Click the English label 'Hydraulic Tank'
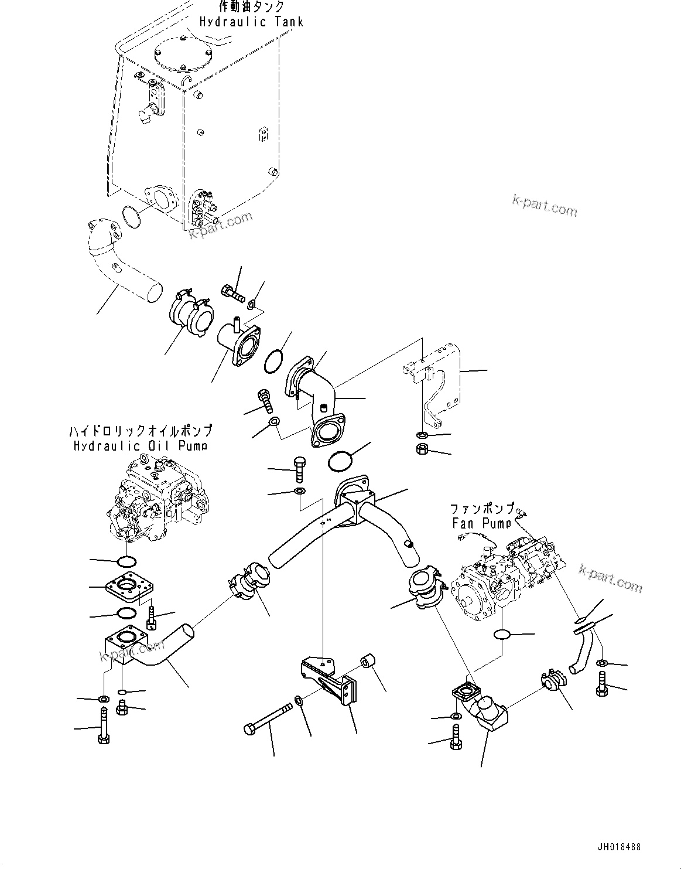coord(251,22)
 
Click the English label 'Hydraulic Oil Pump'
coord(140,447)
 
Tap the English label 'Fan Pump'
coord(481,523)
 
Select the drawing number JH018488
coord(619,847)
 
